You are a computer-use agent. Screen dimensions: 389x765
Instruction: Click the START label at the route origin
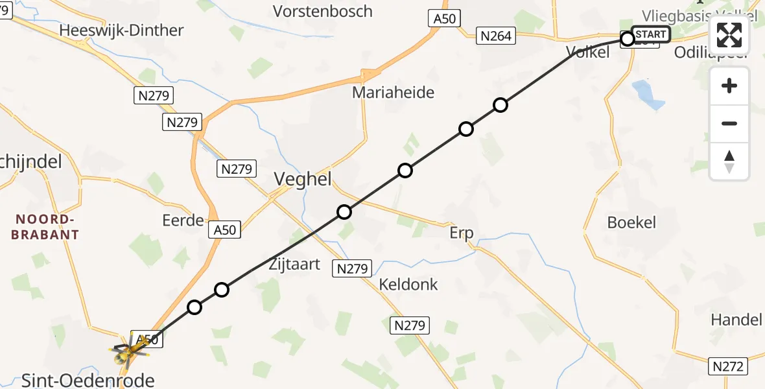pos(650,34)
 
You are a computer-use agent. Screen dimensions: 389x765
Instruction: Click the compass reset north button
pos(729,161)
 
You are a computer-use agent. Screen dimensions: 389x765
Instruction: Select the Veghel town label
pos(303,179)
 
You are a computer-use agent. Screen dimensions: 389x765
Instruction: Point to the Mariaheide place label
pos(393,92)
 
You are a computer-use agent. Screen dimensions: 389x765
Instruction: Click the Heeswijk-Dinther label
pos(121,30)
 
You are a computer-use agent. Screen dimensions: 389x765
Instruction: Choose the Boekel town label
pos(631,222)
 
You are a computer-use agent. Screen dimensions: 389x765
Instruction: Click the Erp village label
pos(461,233)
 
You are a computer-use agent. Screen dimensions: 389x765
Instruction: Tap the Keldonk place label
pos(408,284)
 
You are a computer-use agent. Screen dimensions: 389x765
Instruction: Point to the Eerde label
pos(183,220)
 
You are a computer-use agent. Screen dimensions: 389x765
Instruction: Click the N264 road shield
pos(496,36)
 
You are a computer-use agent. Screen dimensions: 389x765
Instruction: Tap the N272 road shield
pos(729,366)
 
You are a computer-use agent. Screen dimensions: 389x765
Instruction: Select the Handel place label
pos(736,319)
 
